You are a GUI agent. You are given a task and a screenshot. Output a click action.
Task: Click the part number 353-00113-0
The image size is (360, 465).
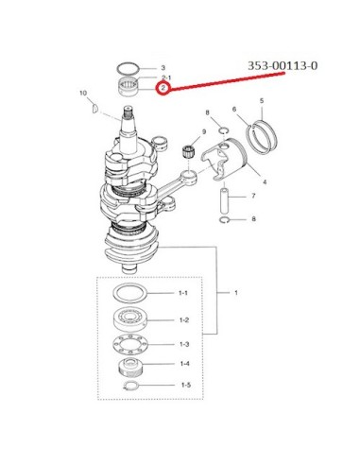[x=283, y=66]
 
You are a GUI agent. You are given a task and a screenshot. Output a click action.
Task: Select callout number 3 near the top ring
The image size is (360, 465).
[x=163, y=68]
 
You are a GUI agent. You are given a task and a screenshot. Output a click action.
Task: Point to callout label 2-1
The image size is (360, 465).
[x=166, y=77]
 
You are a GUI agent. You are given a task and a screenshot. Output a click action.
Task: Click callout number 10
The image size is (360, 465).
[x=83, y=93]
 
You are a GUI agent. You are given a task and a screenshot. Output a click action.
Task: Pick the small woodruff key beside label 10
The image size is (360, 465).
[x=94, y=108]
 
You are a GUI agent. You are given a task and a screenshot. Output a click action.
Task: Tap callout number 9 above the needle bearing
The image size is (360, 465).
[x=204, y=131]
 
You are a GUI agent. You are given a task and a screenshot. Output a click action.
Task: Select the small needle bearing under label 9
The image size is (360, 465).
[x=188, y=150]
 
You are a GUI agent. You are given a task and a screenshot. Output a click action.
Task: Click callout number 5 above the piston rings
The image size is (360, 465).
[x=262, y=101]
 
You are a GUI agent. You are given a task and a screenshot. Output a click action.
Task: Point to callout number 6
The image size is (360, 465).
[x=234, y=109]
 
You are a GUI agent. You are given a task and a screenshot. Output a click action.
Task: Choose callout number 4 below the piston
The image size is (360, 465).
[x=265, y=181]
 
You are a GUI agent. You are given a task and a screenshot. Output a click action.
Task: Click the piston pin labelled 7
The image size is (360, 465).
[x=224, y=200]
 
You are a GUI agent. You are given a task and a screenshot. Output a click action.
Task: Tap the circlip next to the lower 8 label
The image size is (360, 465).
[x=224, y=220]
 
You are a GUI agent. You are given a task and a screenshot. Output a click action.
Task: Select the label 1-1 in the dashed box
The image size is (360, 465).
[x=183, y=293]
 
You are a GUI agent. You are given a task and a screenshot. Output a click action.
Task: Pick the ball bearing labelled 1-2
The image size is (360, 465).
[x=129, y=319]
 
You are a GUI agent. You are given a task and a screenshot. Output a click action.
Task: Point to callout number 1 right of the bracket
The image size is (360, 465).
[x=236, y=293]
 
